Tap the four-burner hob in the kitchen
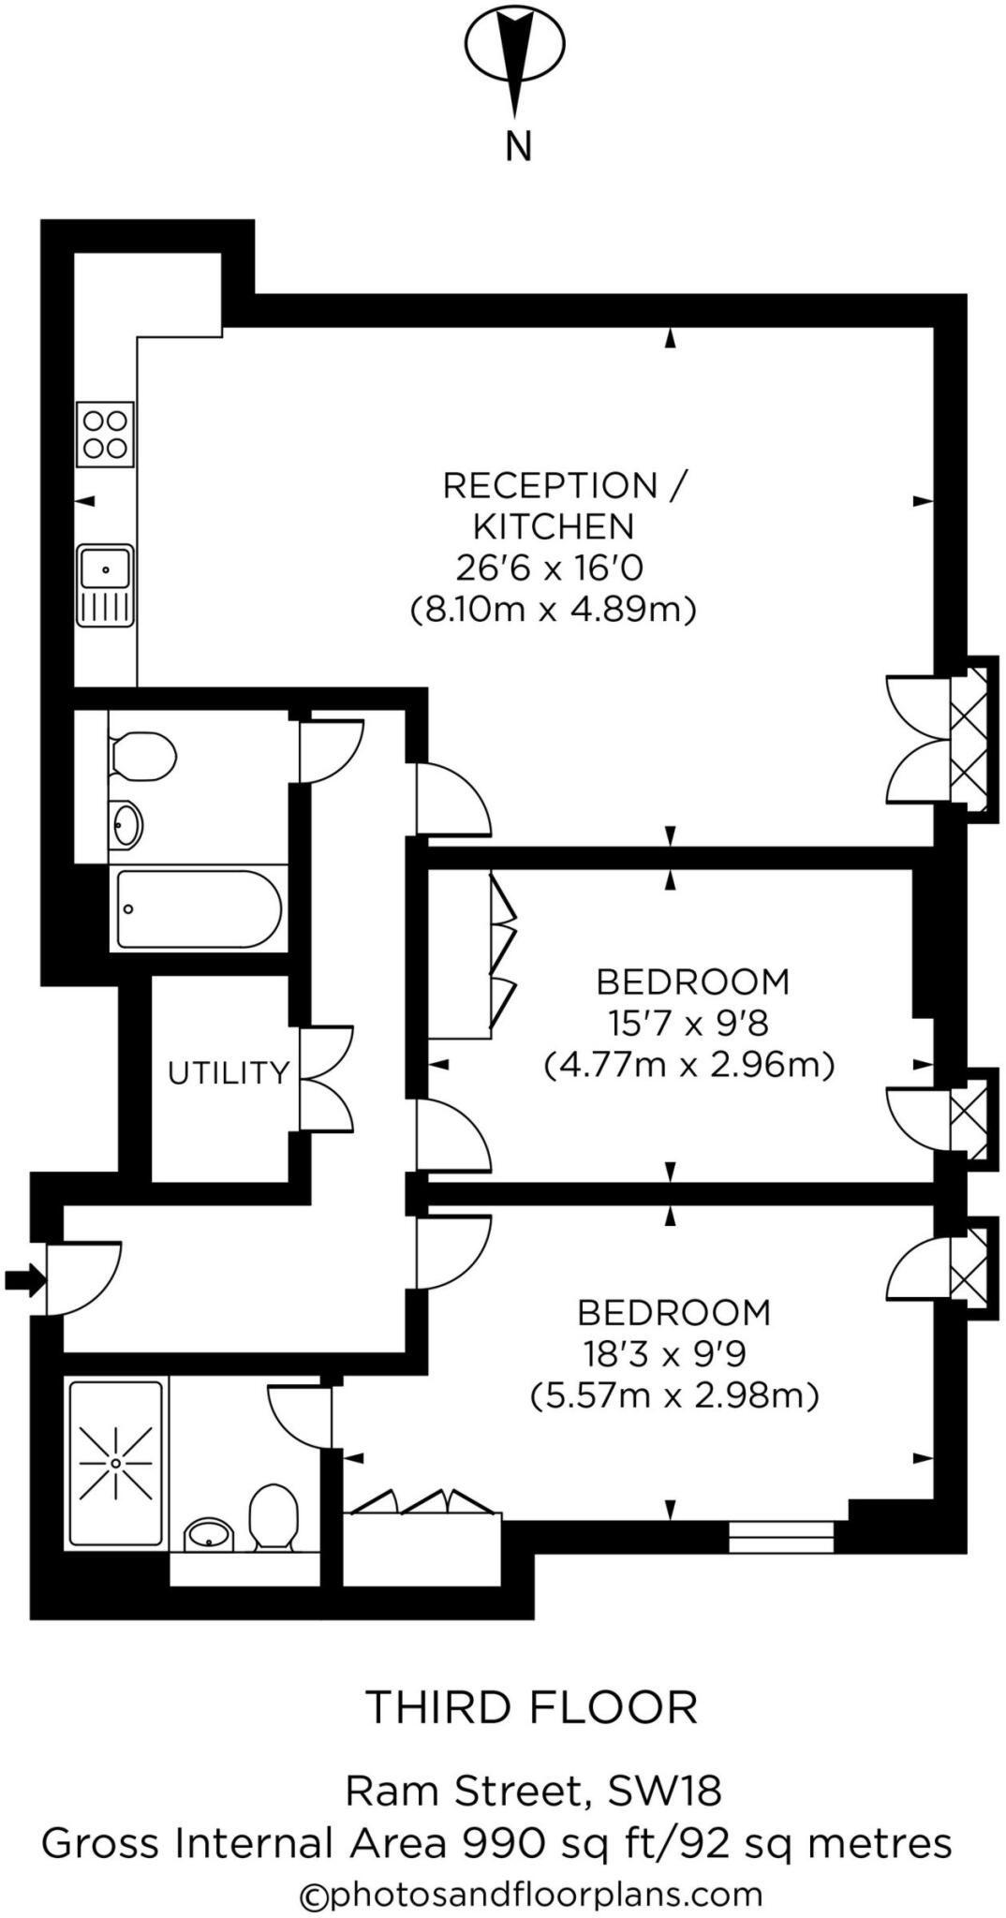pyautogui.click(x=105, y=435)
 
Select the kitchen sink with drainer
pyautogui.click(x=105, y=585)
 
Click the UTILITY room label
pyautogui.click(x=229, y=1072)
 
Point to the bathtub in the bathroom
pyautogui.click(x=199, y=908)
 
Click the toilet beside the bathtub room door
pyautogui.click(x=143, y=756)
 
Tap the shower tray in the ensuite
pyautogui.click(x=116, y=1462)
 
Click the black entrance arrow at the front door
pyautogui.click(x=24, y=1279)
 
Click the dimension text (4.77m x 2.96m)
pyautogui.click(x=688, y=1065)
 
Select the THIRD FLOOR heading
pyautogui.click(x=531, y=1708)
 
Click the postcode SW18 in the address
pyautogui.click(x=665, y=1792)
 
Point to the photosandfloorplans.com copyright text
pyautogui.click(x=531, y=1895)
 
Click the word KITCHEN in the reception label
pyautogui.click(x=554, y=527)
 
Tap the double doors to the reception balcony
pyautogui.click(x=918, y=740)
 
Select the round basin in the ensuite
pyautogui.click(x=210, y=1535)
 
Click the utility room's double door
pyautogui.click(x=327, y=1080)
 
